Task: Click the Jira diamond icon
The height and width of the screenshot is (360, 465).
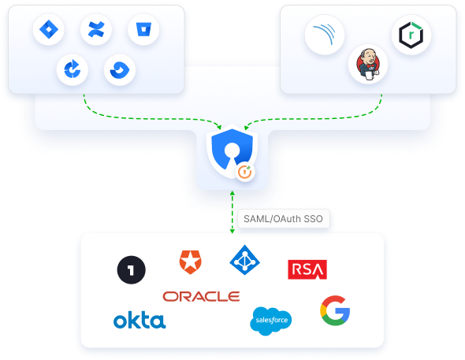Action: click(49, 29)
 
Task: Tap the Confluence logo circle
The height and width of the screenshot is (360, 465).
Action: click(96, 29)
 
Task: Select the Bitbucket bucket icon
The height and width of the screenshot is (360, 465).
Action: click(143, 29)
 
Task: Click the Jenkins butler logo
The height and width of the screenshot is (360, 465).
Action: click(368, 65)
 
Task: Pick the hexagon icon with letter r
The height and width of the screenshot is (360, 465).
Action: click(411, 35)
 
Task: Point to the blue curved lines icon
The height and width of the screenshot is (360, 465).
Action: click(325, 35)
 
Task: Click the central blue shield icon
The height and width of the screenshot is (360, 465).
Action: click(232, 151)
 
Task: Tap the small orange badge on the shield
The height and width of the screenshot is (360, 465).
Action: click(245, 172)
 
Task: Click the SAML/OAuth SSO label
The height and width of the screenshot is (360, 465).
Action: click(283, 219)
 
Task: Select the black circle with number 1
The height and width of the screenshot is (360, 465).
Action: click(132, 270)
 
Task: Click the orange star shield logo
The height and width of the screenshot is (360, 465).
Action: click(191, 262)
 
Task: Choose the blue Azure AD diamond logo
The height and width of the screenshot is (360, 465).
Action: click(244, 260)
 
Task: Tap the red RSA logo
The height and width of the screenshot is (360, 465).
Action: click(307, 269)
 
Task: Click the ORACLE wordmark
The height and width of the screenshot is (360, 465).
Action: click(201, 296)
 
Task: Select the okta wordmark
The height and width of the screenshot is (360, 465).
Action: click(139, 320)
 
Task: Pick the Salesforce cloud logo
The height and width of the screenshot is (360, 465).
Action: click(271, 321)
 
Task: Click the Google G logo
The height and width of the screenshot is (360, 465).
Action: click(335, 310)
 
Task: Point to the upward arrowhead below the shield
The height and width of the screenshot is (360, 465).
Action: click(232, 193)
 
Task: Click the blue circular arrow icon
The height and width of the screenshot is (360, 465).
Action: click(73, 69)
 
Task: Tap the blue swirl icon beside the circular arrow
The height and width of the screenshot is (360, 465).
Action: click(120, 70)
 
